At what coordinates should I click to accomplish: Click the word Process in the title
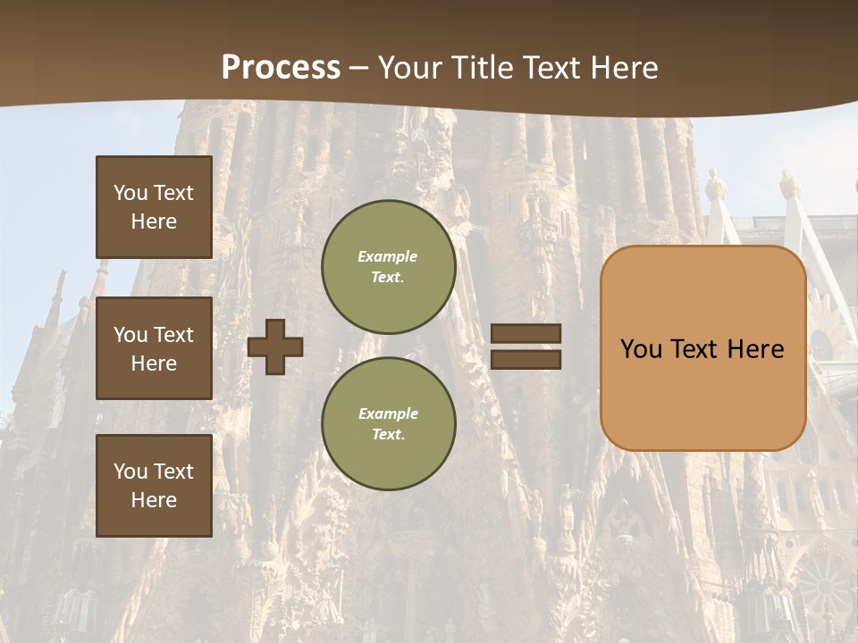(281, 68)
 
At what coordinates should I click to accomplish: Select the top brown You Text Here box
(154, 207)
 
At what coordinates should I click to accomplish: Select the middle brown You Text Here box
(154, 348)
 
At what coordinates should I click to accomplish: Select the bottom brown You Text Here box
(154, 485)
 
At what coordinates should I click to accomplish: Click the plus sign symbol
(275, 347)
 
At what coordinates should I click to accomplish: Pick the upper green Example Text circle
(388, 267)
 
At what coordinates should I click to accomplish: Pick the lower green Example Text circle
(388, 423)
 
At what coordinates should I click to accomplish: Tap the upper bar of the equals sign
(526, 333)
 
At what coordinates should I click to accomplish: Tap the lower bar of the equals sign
(526, 359)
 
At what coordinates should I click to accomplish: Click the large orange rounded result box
(702, 393)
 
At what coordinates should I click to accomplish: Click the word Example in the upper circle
(388, 257)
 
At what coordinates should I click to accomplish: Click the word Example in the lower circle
(388, 413)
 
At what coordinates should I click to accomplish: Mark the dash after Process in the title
(358, 69)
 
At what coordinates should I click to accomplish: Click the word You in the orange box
(641, 349)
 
